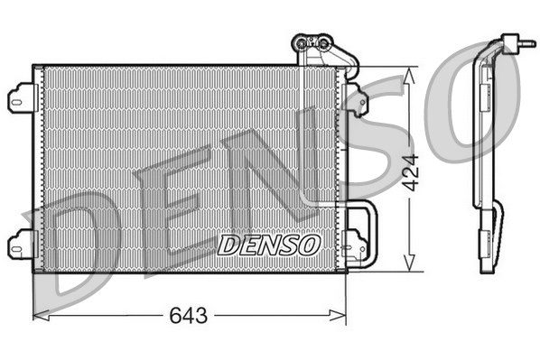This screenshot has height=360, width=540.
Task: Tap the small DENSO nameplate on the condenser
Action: (x=268, y=245)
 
